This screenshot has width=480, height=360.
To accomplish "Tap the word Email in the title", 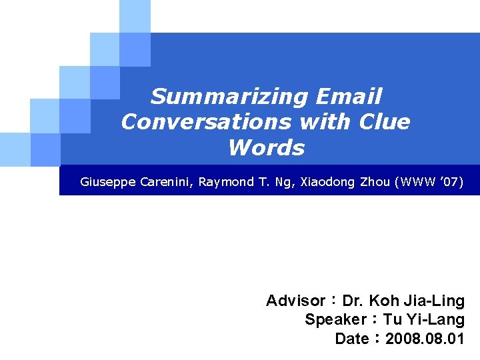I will tap(349, 97).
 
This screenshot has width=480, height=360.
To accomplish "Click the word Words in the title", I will tap(266, 148).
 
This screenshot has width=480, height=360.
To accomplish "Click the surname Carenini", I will tap(167, 181).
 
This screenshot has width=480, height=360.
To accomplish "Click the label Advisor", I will tap(295, 301).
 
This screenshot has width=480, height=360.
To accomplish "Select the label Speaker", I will tap(335, 320).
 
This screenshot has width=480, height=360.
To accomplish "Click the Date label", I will tap(351, 339).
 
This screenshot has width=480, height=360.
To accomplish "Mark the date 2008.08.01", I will tap(425, 339).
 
